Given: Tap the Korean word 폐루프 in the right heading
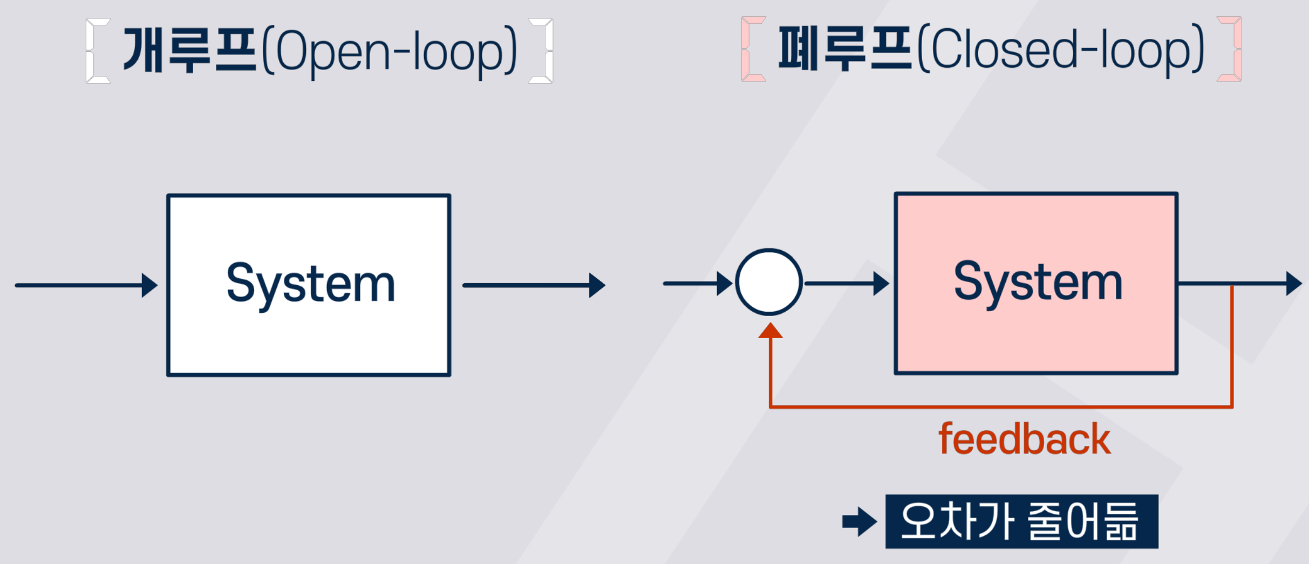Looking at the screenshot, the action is point(845,49).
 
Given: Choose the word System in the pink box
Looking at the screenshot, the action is point(1038,283).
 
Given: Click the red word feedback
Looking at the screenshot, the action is point(1025,439).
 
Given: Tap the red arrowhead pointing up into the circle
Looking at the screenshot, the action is point(771,331).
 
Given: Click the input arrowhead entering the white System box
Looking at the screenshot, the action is point(149,285).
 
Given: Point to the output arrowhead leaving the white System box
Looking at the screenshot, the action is point(597,285).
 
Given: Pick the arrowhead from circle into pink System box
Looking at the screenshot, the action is point(882,284).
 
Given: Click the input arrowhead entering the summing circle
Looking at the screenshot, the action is point(725,284).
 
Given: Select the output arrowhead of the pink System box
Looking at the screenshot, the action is point(1294,284).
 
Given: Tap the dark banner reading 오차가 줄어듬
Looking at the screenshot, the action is point(1022,521).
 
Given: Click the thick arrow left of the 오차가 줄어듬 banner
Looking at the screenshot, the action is point(860,521).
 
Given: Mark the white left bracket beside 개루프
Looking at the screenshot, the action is point(98,51).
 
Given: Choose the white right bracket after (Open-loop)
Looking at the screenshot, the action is point(541,51).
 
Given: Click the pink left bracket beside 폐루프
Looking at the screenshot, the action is point(753,49).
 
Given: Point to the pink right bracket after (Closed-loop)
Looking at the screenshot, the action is point(1230,49).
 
